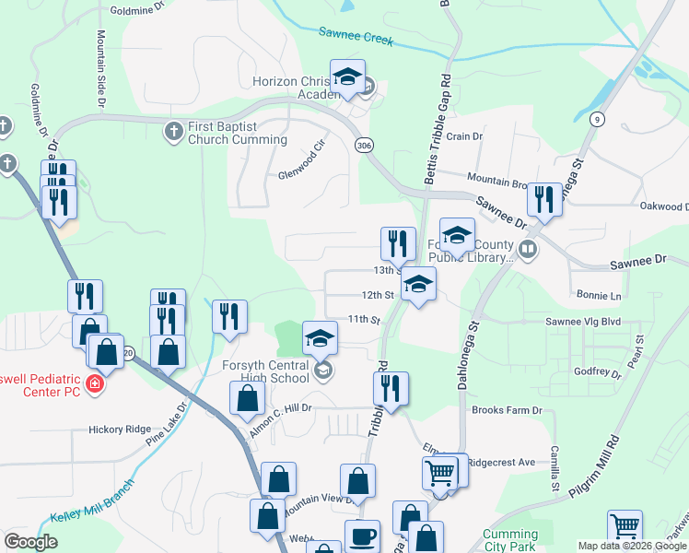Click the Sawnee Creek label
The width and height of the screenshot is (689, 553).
[x=356, y=37]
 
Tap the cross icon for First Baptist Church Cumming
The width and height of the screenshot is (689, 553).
[x=172, y=132]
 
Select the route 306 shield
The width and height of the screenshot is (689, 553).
[x=365, y=146]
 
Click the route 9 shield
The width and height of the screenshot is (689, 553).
[x=598, y=119]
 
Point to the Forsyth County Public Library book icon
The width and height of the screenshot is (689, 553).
[x=528, y=248]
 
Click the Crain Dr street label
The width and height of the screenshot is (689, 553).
[x=464, y=136]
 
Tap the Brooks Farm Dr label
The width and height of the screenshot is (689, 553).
[x=507, y=410]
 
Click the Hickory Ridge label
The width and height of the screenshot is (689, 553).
[x=119, y=429]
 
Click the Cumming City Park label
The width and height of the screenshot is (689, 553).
[x=510, y=540]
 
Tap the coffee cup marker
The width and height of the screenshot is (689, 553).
[x=362, y=536]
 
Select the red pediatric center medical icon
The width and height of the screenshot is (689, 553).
[x=94, y=383]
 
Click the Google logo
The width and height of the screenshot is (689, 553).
[x=31, y=542]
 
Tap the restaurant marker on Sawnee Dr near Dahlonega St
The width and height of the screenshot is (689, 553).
[x=544, y=199]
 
